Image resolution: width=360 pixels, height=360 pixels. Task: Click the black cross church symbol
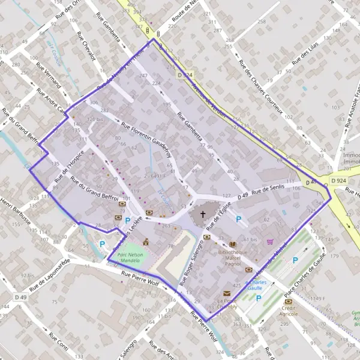pos(202,214)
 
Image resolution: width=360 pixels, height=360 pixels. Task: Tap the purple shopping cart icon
pos(270,242)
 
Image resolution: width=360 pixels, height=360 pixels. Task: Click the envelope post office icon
pos(227,293)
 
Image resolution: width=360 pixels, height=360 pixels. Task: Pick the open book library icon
pos(233,244)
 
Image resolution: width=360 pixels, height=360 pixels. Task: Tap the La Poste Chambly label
pos(228,303)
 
